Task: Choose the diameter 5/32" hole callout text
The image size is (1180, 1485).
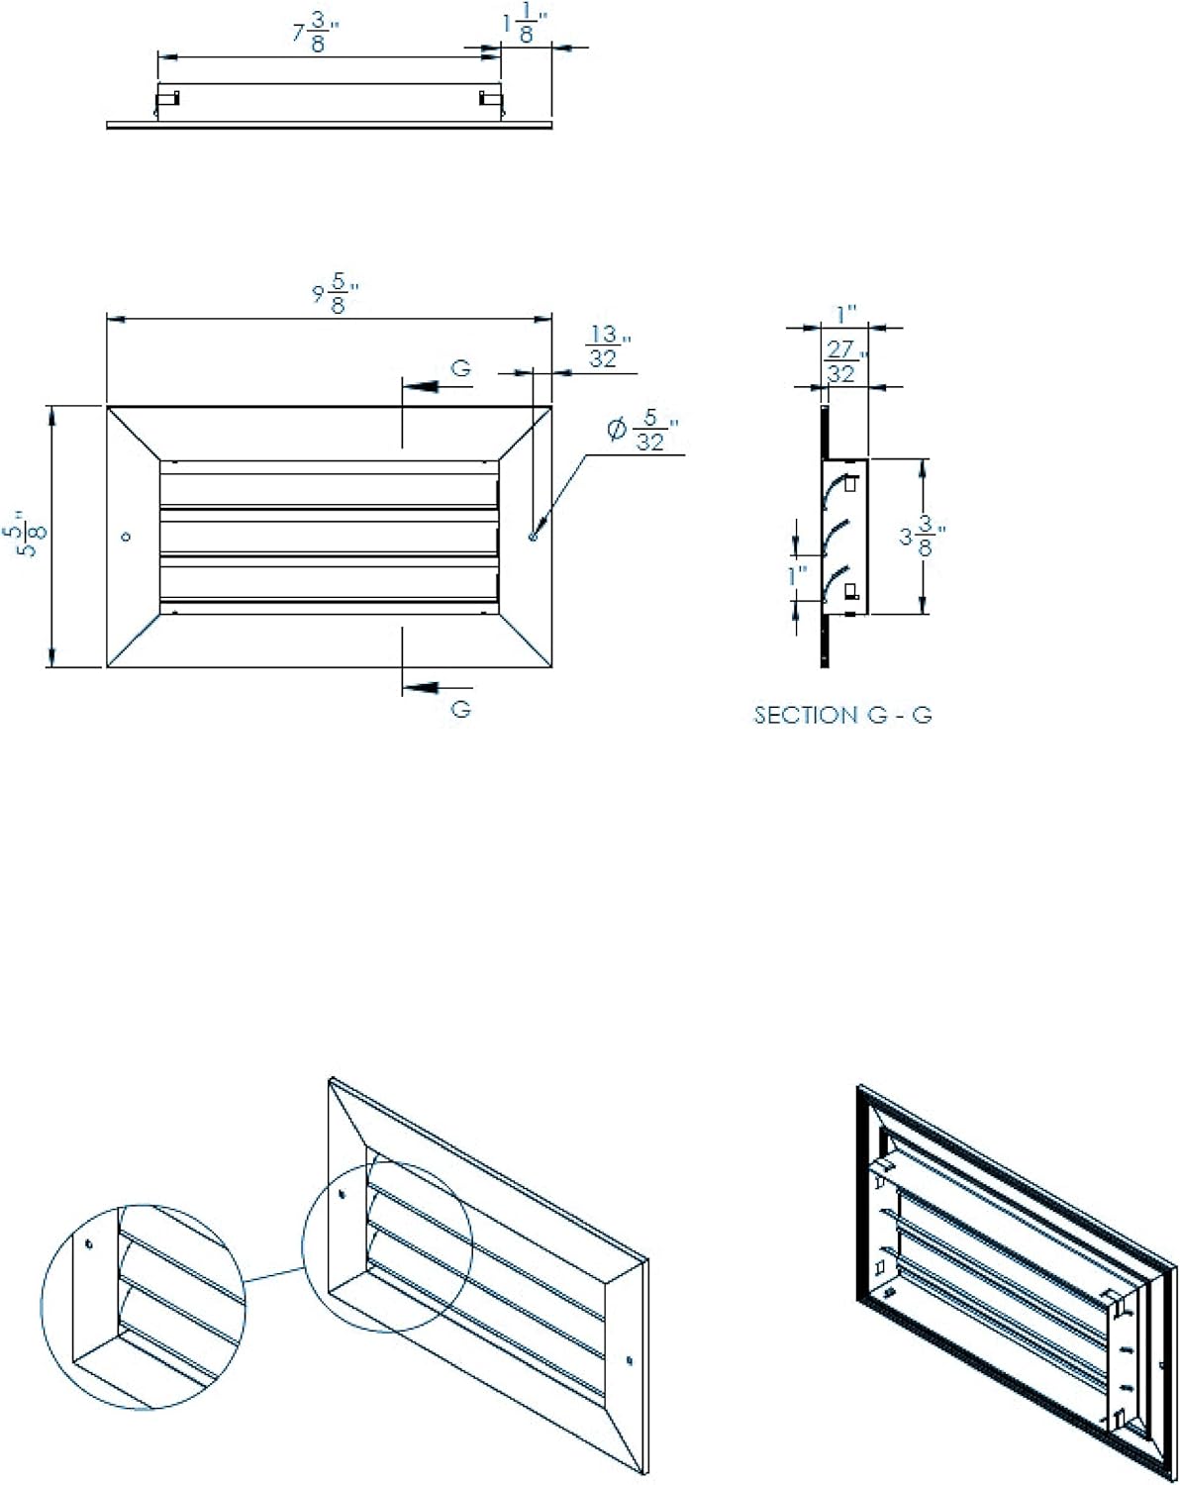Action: [643, 432]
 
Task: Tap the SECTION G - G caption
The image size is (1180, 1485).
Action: [842, 715]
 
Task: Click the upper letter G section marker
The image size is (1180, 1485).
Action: [461, 368]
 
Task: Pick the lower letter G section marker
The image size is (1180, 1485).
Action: [461, 709]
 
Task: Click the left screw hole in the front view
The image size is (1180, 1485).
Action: [126, 537]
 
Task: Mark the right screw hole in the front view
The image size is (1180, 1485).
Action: [533, 537]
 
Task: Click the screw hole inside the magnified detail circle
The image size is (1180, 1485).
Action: [89, 1244]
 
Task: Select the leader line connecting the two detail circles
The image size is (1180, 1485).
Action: [272, 1276]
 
